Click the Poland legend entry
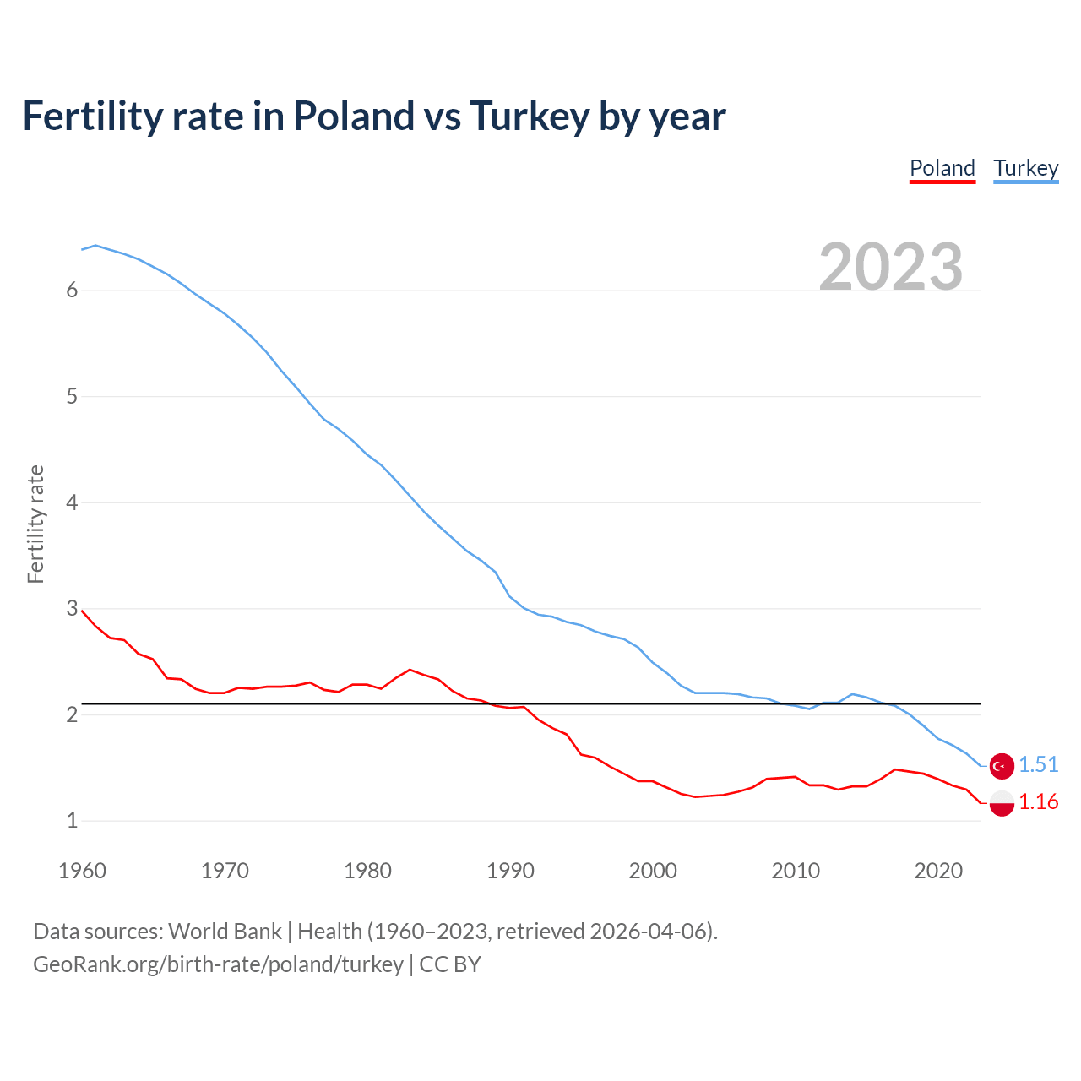coord(942,168)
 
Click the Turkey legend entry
coord(1025,168)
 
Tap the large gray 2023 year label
coord(891,267)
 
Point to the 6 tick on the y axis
coord(72,291)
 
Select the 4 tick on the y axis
coord(72,503)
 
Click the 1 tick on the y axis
coord(72,821)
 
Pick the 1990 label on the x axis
coord(510,871)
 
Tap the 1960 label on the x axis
coord(82,871)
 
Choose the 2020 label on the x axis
coord(938,871)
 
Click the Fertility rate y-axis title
coord(35,524)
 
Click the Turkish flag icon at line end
coord(1002,765)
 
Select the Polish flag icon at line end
coord(1002,803)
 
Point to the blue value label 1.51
coord(1038,765)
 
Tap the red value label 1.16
coord(1038,802)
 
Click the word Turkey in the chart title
coord(529,117)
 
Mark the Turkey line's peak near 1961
coord(95,246)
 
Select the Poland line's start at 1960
coord(82,611)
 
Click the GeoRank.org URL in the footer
coord(218,964)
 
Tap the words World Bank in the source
coord(225,932)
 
